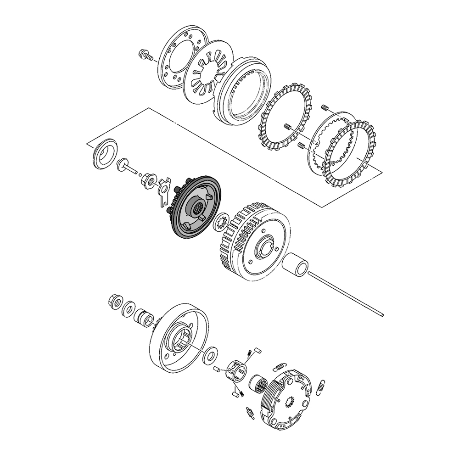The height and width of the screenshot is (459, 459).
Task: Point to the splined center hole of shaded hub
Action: pos(199,211)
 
